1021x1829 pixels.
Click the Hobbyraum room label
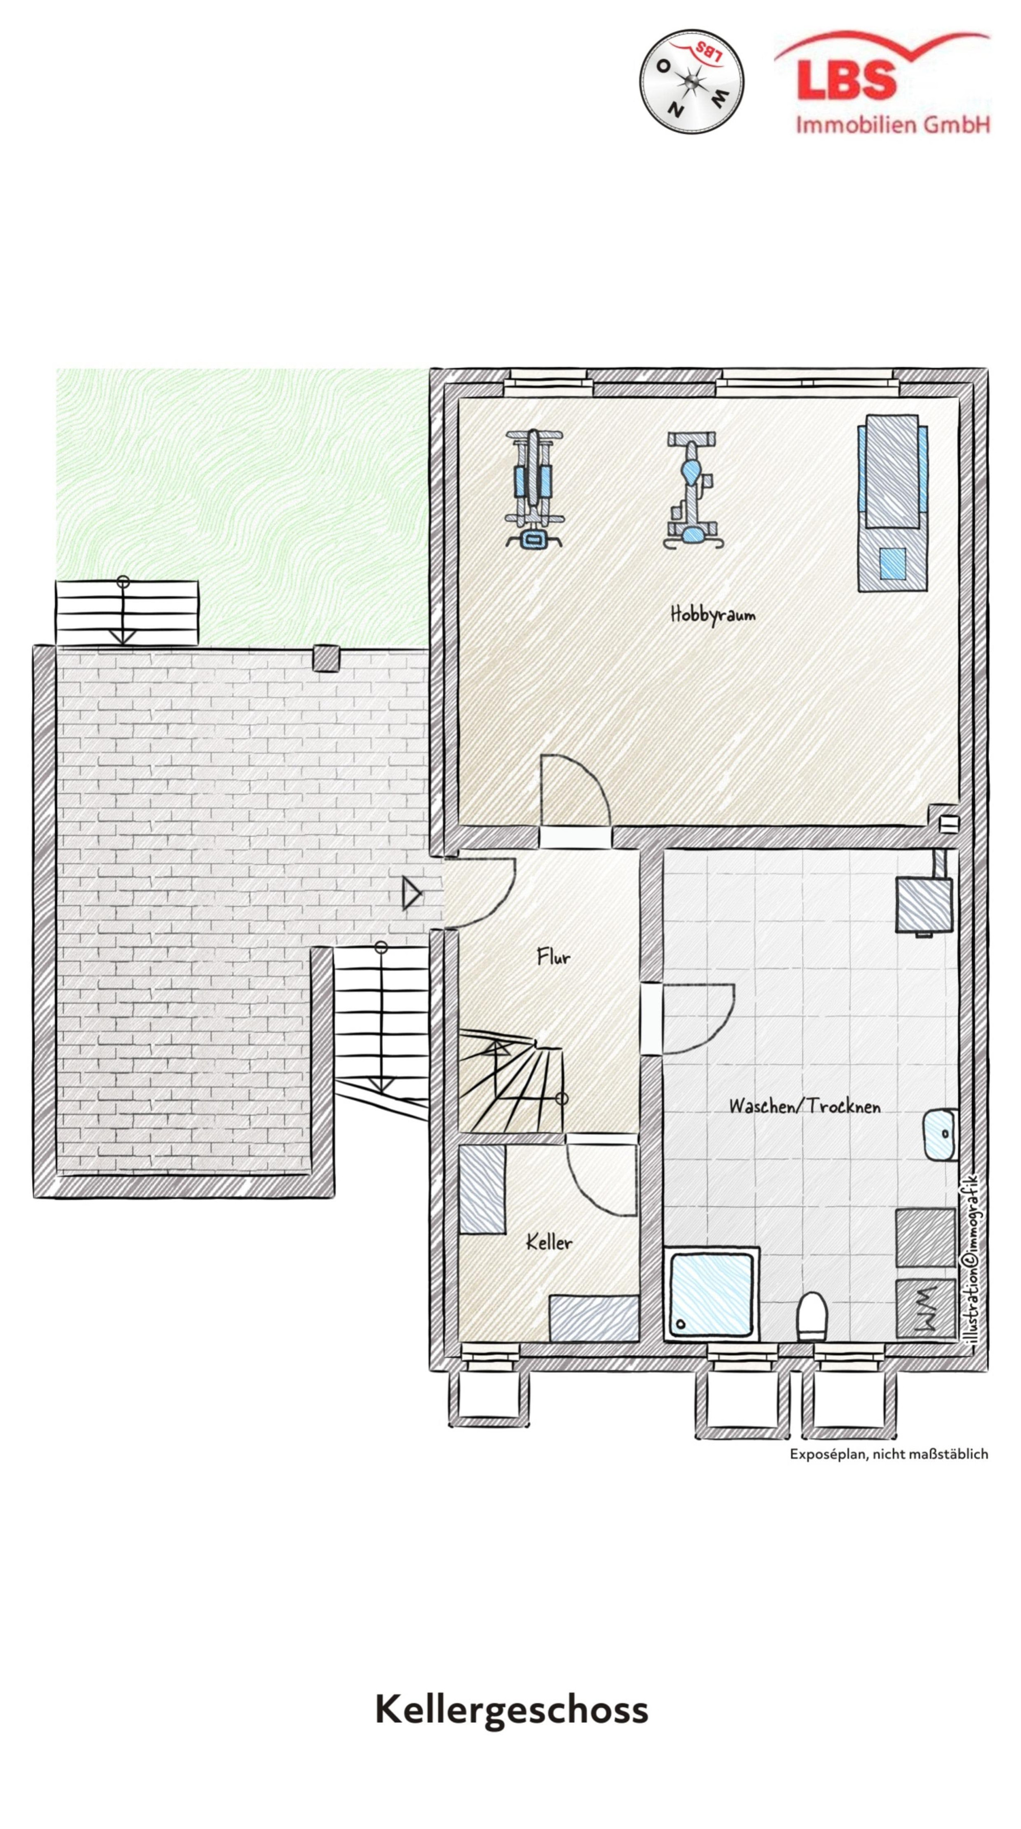712,614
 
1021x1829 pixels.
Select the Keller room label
549,1242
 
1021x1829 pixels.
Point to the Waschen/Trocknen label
805,1106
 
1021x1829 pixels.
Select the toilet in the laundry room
812,1315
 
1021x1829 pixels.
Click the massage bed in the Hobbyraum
892,503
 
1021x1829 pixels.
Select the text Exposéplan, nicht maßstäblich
889,1453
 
